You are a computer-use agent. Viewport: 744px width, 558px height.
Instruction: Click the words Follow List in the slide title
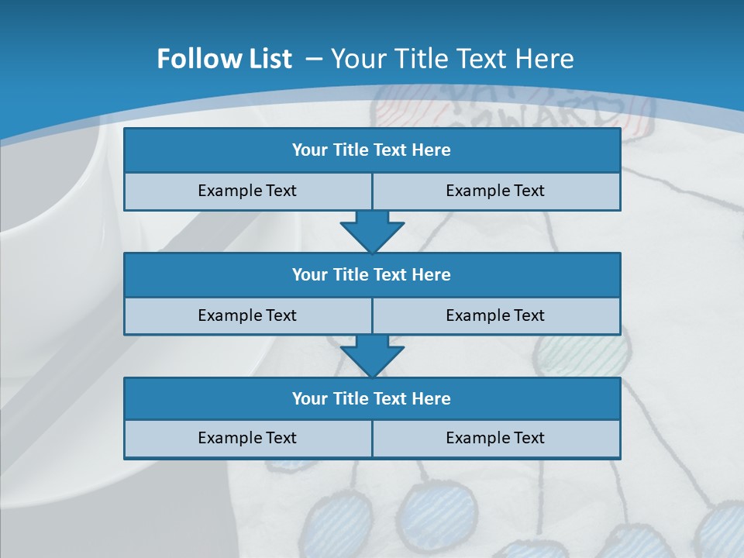click(224, 59)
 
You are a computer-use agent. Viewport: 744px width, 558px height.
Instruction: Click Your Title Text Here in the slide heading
click(452, 59)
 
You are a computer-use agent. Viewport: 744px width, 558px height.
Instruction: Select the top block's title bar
click(372, 150)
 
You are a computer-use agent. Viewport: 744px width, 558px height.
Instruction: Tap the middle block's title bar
click(372, 275)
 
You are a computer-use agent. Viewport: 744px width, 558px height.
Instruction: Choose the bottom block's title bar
click(372, 399)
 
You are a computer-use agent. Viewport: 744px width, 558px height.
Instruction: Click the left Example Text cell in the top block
click(247, 191)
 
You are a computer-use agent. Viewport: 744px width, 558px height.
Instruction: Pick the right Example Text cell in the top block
click(495, 191)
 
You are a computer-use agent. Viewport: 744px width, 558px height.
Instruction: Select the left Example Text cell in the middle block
click(247, 315)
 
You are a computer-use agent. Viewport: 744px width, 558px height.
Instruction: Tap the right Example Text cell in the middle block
click(495, 315)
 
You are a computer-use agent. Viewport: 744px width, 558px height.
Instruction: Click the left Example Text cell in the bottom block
click(247, 438)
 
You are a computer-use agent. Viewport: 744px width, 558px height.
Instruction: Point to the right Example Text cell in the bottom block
click(495, 438)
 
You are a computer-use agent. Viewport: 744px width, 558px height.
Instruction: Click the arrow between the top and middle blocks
click(372, 230)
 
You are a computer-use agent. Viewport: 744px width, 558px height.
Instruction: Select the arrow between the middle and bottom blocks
click(372, 355)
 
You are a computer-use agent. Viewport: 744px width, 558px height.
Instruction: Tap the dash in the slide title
click(314, 59)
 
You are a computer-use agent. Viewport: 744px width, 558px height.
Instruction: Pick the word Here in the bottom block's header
click(431, 399)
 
